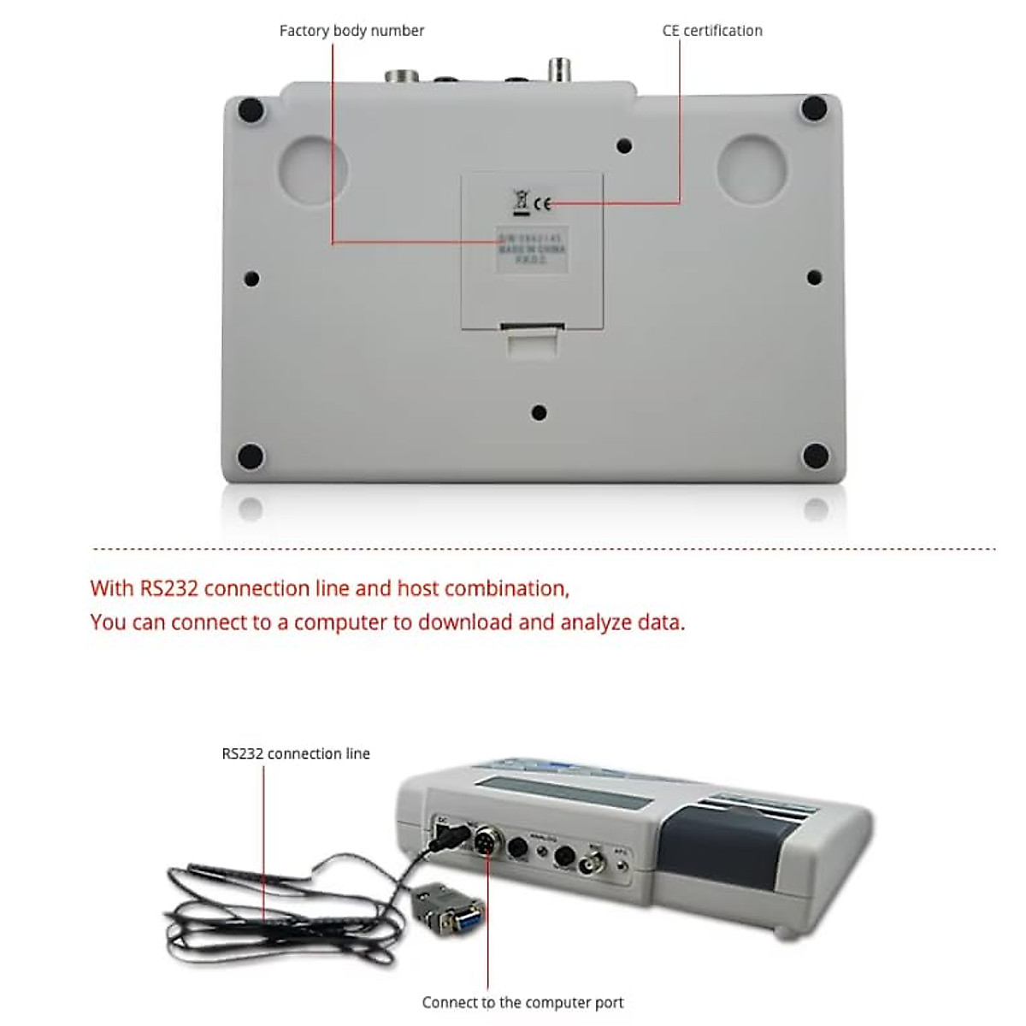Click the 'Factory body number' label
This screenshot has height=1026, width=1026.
tap(351, 31)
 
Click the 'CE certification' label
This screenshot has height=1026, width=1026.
tap(712, 31)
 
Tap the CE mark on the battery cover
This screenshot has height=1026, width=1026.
tap(542, 203)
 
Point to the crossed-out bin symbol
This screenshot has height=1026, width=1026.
tap(519, 203)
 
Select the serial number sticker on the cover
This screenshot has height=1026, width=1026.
tap(532, 251)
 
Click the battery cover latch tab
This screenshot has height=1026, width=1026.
tap(532, 339)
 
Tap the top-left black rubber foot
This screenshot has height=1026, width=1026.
tap(251, 110)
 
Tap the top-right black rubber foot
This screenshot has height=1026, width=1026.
tap(813, 108)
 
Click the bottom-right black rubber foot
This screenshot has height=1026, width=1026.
tap(816, 455)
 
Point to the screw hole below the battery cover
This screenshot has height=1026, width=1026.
tap(539, 413)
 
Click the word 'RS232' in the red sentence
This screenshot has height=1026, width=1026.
tap(168, 588)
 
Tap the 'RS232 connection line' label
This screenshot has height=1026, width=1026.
tap(296, 753)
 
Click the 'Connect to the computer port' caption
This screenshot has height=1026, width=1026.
tap(522, 1002)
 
